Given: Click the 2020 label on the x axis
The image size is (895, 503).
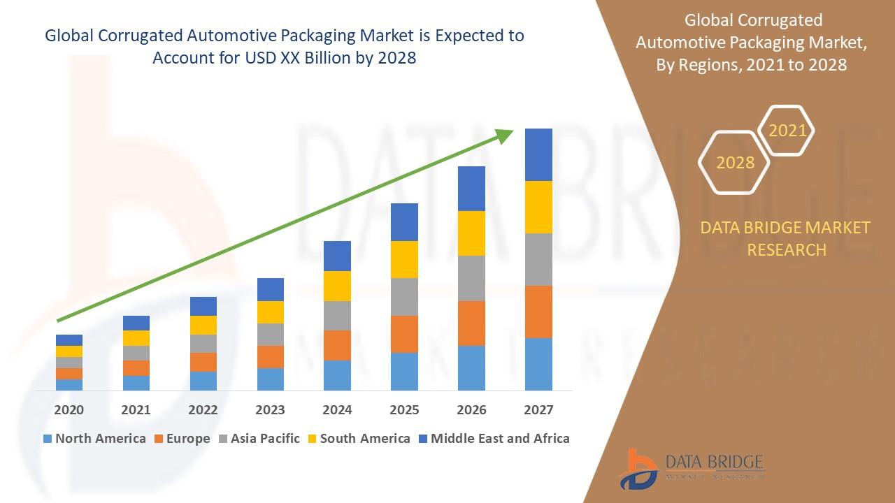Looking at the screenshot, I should click(69, 409).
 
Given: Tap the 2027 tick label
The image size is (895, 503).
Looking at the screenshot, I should click(538, 409).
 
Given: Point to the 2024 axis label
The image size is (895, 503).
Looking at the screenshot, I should click(337, 409).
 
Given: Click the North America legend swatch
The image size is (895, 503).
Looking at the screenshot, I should click(48, 439).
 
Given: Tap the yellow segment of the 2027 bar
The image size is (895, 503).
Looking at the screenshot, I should click(538, 207).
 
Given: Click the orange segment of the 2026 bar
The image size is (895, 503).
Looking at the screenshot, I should click(471, 323).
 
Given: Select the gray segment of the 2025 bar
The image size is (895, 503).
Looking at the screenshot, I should click(404, 297).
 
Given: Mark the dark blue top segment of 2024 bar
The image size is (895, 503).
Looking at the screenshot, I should click(337, 256).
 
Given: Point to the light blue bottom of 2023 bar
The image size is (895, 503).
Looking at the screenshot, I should click(270, 379).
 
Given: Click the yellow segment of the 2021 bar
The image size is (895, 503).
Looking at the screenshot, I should click(136, 338).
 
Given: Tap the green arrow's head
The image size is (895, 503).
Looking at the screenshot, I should click(505, 135).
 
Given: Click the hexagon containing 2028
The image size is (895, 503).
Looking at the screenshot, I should click(734, 162).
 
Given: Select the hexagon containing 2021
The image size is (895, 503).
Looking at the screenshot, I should click(787, 131).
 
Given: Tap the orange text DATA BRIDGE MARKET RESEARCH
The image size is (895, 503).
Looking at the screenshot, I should click(787, 238).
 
